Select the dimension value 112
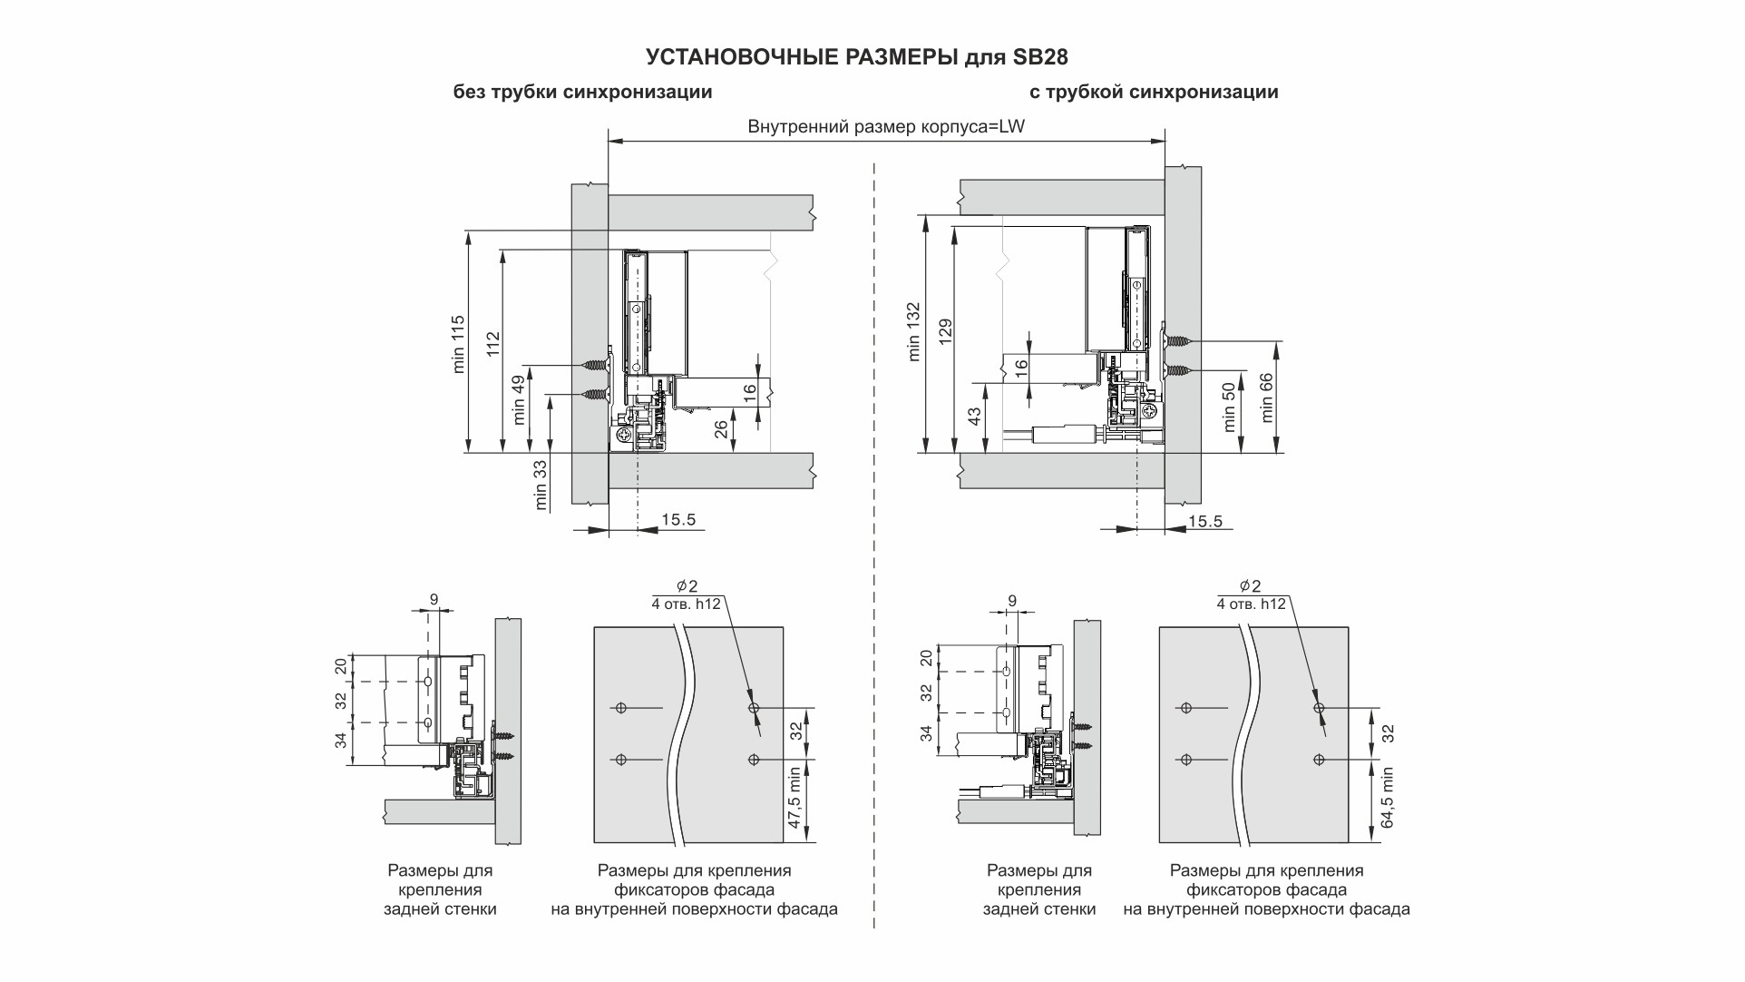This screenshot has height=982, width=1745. click(x=492, y=343)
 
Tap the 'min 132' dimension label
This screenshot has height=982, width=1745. click(x=913, y=331)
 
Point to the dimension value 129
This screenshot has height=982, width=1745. click(x=945, y=331)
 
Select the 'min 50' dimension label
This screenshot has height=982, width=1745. click(x=1230, y=407)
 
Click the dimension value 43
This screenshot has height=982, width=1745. click(x=974, y=417)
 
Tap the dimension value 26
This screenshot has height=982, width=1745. click(x=722, y=428)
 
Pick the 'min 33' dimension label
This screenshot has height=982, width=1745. click(x=541, y=485)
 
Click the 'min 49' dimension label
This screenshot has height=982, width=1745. click(x=518, y=400)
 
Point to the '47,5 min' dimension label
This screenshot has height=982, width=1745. click(x=795, y=798)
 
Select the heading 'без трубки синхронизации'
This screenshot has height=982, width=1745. click(x=582, y=93)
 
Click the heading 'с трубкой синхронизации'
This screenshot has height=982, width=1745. click(x=1154, y=93)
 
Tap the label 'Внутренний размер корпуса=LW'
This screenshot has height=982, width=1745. click(x=886, y=127)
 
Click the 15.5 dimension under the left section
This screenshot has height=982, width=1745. click(x=678, y=519)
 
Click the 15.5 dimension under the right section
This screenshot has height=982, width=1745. click(x=1204, y=521)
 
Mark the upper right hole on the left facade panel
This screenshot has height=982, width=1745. click(x=753, y=708)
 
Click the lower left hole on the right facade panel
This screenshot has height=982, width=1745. click(x=1185, y=759)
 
